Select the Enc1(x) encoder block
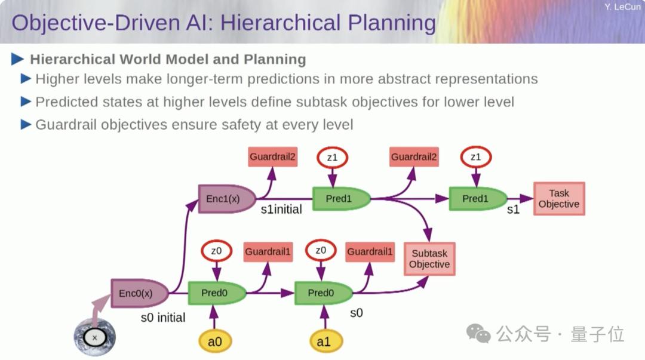[x=227, y=199]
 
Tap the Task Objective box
[x=559, y=199]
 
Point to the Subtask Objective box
[x=429, y=259]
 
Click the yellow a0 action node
[x=215, y=341]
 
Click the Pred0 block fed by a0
[x=217, y=293]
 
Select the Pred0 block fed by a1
[x=323, y=293]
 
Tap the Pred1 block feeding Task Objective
[x=478, y=199]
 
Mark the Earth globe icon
[x=94, y=337]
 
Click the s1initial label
[x=281, y=210]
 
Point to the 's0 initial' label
[x=163, y=318]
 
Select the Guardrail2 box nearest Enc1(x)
[x=273, y=157]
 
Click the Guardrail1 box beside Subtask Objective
[x=370, y=252]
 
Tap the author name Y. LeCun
[x=622, y=7]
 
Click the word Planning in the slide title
[x=392, y=23]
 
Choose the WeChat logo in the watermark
[x=478, y=333]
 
